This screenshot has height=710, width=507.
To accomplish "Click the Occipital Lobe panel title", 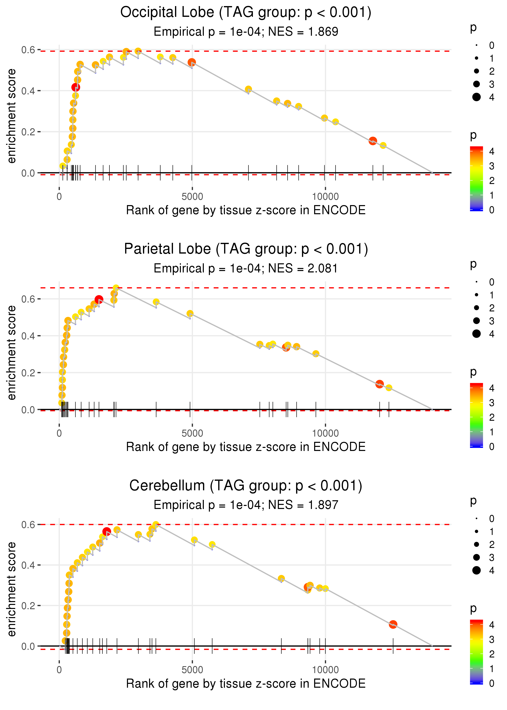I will click(246, 13).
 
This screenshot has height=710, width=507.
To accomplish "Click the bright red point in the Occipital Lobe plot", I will click(76, 87).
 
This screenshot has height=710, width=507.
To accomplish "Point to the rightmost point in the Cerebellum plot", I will click(393, 624).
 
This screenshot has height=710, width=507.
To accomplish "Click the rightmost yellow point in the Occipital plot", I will click(383, 145).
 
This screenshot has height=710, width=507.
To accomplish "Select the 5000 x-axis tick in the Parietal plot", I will click(192, 433).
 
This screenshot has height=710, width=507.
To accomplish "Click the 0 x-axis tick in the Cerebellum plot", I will click(59, 670).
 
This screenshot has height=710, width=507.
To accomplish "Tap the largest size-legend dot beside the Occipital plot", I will click(476, 97).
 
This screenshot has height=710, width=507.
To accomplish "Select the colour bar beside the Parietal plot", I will click(476, 415).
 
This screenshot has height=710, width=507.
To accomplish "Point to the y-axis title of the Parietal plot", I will click(12, 353).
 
